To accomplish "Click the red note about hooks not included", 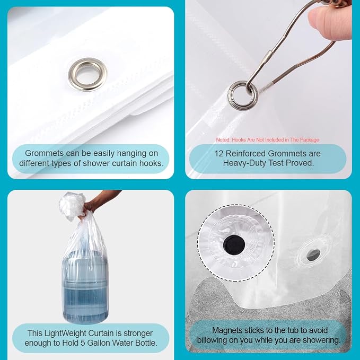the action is pos(267,139).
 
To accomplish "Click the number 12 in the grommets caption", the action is pos(219,153).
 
